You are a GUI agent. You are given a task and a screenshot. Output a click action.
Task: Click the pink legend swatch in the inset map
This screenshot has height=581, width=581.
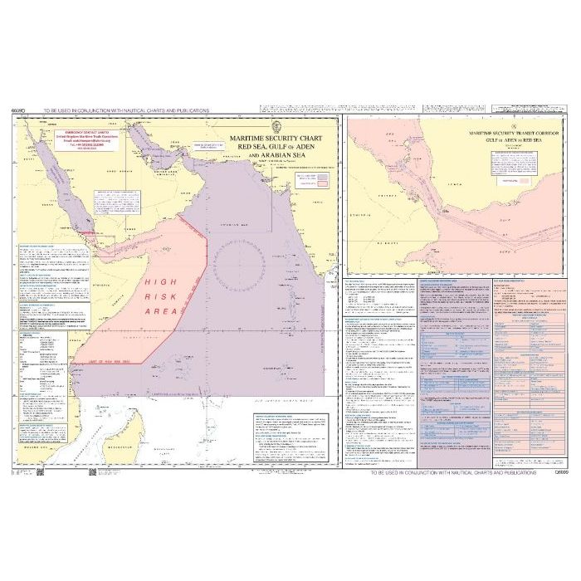pos(527,178)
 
